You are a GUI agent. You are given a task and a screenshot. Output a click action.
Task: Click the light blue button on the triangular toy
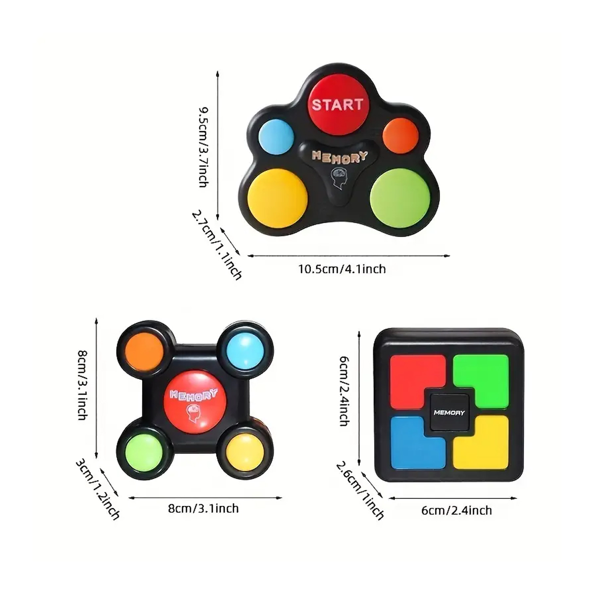point(276,136)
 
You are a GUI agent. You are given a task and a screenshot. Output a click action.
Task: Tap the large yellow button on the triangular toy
point(277,198)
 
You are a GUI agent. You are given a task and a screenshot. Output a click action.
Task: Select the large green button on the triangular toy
point(400,198)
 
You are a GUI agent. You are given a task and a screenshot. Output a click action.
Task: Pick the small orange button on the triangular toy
point(400,135)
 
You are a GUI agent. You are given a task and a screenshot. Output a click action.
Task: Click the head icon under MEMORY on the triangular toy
point(339,178)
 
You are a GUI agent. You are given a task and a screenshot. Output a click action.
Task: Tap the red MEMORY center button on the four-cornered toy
point(195,402)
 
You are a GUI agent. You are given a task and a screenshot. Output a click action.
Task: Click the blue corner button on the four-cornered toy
point(246,351)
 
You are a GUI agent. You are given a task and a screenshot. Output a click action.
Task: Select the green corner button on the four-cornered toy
point(144,453)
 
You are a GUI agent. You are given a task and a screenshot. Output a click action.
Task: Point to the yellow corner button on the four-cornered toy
point(245,452)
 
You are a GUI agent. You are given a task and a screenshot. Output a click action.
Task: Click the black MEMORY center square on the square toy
point(449,412)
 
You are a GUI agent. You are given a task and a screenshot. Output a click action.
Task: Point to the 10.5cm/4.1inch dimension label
point(342,269)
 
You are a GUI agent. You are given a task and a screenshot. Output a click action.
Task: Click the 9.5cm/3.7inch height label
point(203,147)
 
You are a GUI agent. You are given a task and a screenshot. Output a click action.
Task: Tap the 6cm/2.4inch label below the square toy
point(456,511)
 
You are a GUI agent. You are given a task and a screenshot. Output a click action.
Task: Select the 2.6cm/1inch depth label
point(360,490)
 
